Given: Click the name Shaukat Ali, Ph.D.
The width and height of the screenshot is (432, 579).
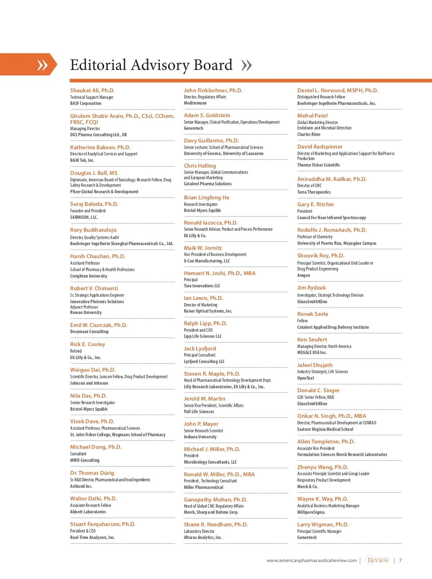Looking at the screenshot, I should (x=92, y=90).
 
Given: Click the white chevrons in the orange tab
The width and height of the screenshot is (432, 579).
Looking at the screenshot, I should (x=42, y=65).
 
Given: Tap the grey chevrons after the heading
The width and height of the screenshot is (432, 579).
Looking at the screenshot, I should (x=247, y=65).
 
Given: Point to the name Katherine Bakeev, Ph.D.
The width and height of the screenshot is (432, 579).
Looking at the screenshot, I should (x=100, y=147).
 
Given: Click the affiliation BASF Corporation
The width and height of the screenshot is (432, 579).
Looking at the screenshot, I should (x=86, y=103).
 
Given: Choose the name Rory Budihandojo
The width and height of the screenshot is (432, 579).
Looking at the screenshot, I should (x=93, y=230).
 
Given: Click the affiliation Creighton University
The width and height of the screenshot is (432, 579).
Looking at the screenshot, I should (x=89, y=276).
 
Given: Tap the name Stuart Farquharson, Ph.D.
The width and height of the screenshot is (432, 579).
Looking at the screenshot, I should (x=103, y=524).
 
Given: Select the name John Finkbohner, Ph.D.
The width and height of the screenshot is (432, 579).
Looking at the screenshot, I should (x=213, y=90).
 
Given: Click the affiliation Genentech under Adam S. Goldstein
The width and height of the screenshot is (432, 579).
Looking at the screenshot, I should (x=193, y=128).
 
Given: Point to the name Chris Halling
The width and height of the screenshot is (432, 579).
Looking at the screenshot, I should (x=200, y=166).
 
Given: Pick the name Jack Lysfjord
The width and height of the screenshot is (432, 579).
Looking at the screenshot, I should (x=200, y=349).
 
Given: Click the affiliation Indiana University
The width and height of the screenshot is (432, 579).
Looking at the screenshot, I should (x=200, y=437).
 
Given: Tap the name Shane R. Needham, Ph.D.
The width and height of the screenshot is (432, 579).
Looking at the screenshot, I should (x=216, y=525).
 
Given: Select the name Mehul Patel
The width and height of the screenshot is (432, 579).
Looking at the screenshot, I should (x=312, y=116).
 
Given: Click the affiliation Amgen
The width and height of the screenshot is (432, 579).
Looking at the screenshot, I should (x=303, y=275).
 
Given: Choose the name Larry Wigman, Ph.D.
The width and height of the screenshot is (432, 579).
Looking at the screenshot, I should (x=323, y=525).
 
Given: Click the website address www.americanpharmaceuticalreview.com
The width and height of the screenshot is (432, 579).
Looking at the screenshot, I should (x=312, y=561).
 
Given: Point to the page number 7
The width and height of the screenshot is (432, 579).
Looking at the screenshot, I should (x=400, y=561).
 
